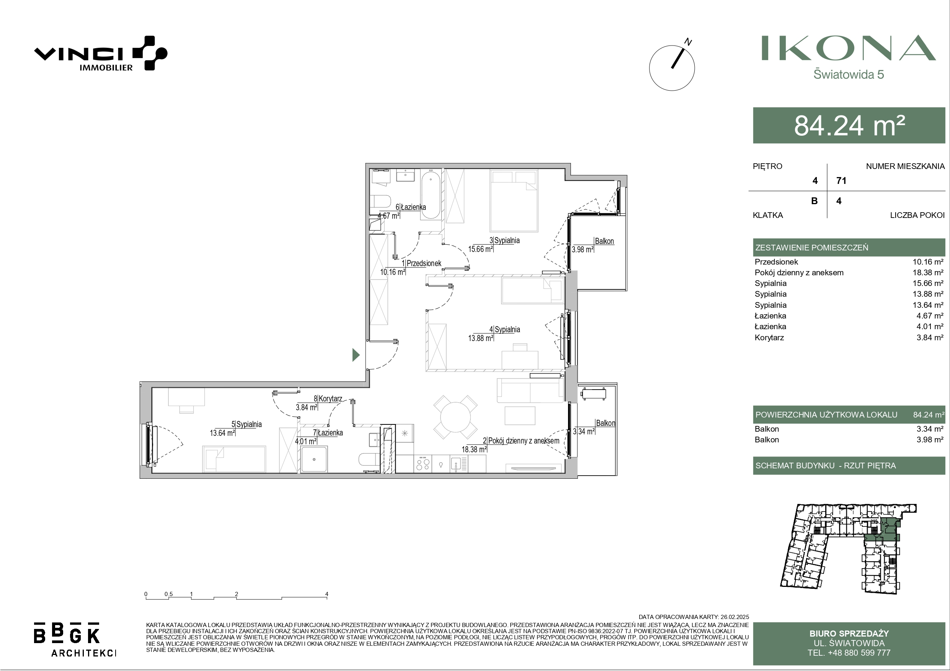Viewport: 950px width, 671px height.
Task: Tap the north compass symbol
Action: point(673,66)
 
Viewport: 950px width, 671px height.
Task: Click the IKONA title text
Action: point(849,48)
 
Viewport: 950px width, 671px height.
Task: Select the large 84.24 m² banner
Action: point(849,125)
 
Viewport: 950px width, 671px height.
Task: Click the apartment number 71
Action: point(841,181)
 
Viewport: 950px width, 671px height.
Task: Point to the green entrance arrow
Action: point(356,355)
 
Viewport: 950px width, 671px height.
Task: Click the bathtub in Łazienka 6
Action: point(431,195)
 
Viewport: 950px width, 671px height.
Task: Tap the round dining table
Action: point(455,417)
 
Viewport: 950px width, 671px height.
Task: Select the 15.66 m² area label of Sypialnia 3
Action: point(480,249)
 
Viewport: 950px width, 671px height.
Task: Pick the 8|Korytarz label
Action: point(328,398)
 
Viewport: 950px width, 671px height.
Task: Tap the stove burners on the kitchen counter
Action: point(423,463)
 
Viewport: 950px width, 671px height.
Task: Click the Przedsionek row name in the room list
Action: point(776,262)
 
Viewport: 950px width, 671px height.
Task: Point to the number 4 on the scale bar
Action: point(327,594)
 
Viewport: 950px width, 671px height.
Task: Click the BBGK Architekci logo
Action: point(75,639)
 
